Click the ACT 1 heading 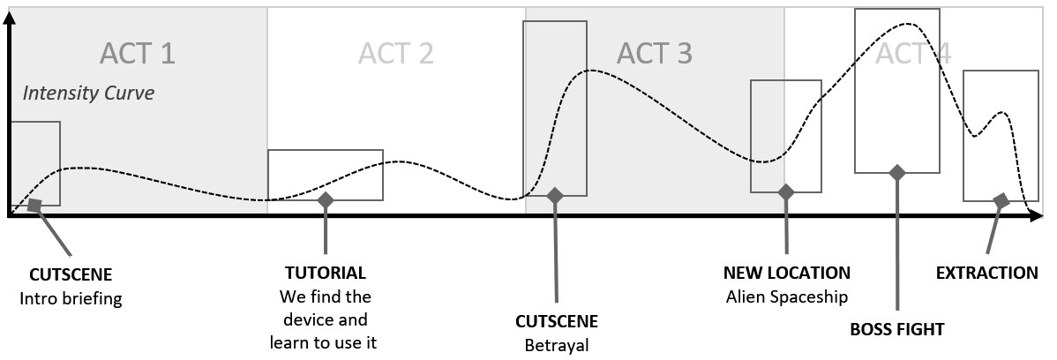137,53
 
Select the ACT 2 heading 395,53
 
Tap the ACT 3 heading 654,53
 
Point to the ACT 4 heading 912,53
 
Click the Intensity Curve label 88,93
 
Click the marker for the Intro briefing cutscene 34,205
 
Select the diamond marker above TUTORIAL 326,200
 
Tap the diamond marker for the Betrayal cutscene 555,195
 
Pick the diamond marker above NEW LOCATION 786,191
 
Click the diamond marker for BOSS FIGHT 897,172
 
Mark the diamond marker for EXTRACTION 1001,200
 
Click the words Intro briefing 71,298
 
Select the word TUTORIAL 325,273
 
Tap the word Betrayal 556,345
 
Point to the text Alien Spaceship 786,296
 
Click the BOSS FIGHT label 896,329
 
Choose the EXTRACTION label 986,273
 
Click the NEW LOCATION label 786,273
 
